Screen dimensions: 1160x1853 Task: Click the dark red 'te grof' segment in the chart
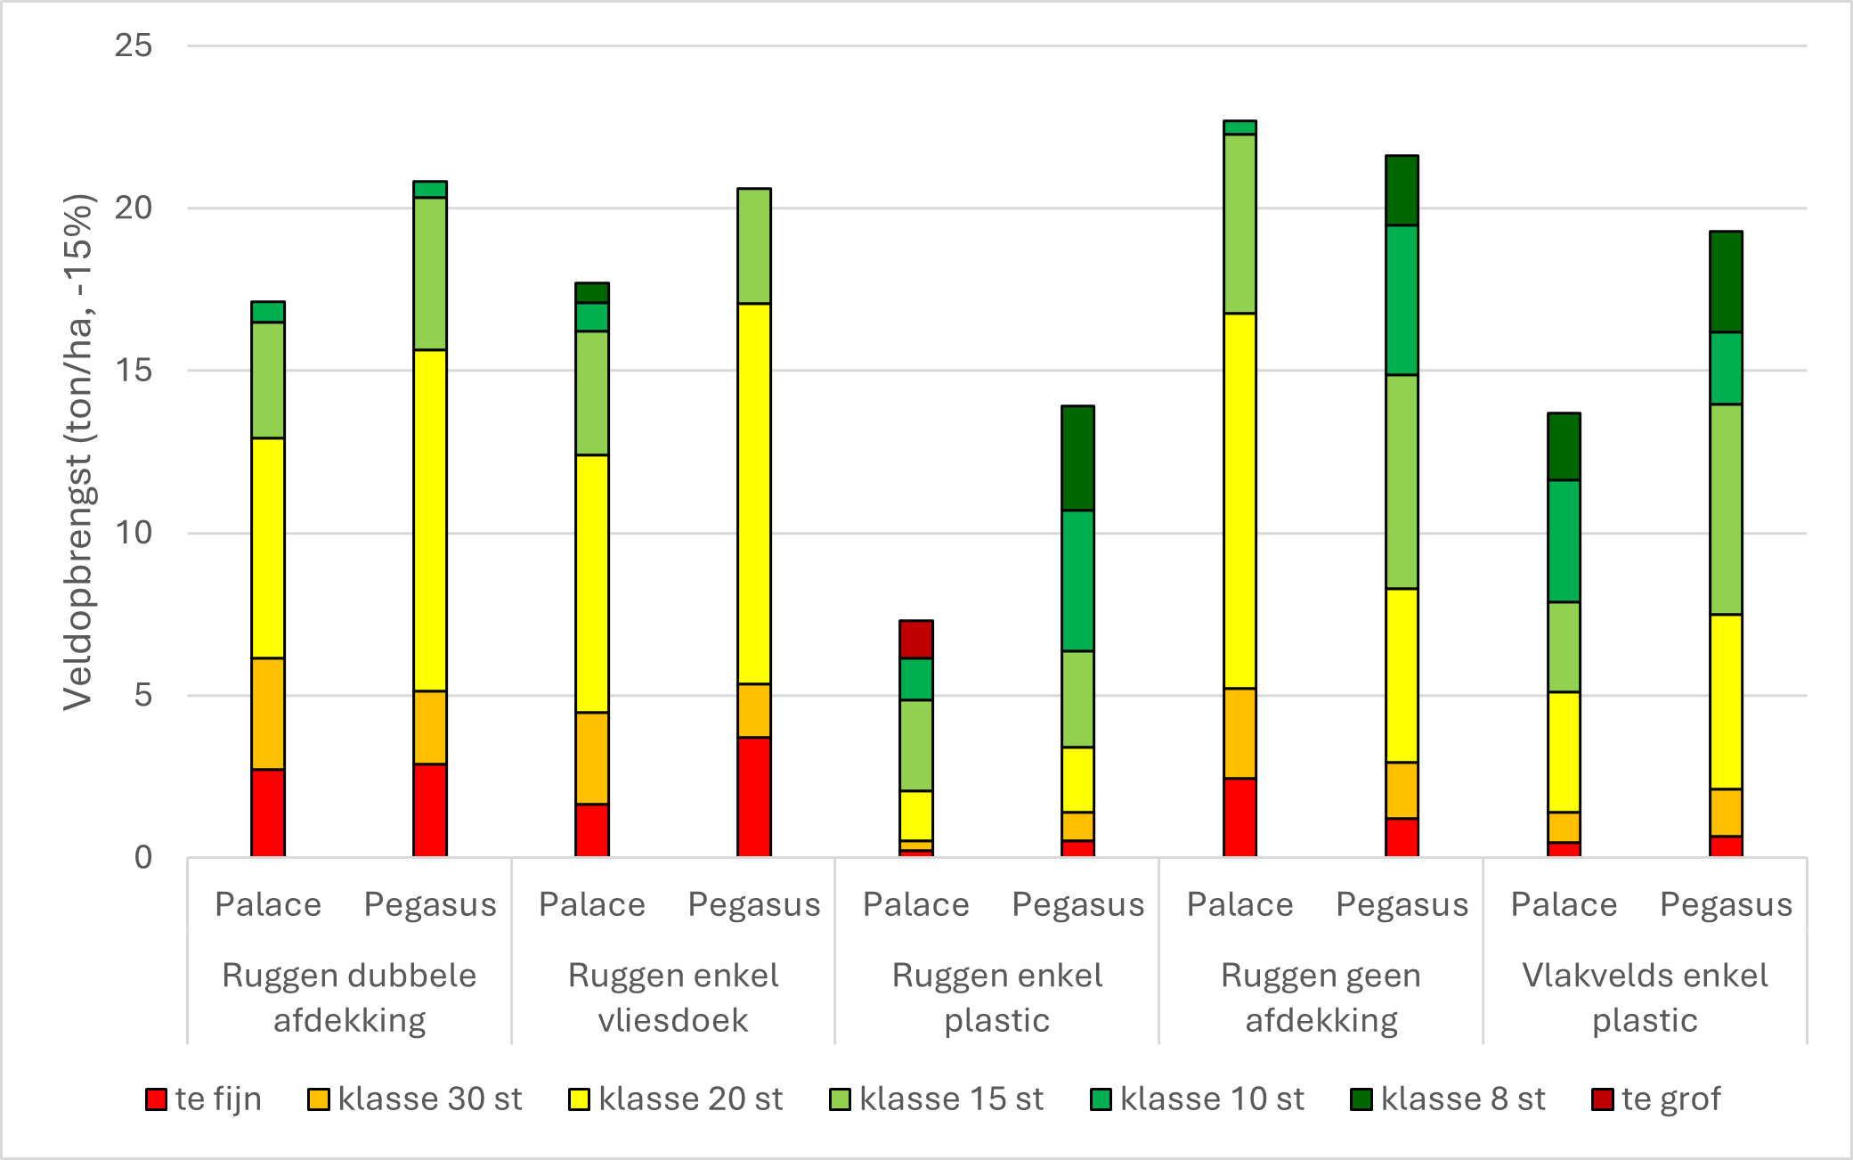click(915, 639)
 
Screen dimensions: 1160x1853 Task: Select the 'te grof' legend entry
click(1656, 1099)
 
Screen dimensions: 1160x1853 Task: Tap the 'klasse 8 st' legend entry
click(1448, 1099)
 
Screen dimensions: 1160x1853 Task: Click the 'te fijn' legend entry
click(204, 1099)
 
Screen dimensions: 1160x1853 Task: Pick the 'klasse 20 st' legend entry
click(676, 1099)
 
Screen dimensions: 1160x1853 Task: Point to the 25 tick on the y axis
click(134, 45)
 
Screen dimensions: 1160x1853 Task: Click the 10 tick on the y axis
click(134, 533)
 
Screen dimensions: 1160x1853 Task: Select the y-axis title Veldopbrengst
click(78, 452)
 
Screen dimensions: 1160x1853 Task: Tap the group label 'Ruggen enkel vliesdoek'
click(673, 997)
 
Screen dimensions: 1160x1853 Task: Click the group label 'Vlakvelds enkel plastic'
click(1645, 997)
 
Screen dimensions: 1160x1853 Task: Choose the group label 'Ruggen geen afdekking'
click(1321, 997)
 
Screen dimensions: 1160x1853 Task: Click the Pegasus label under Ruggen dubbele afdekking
click(430, 904)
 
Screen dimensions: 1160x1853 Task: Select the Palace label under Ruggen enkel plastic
click(915, 904)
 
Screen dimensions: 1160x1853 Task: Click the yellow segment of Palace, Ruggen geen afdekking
click(1239, 500)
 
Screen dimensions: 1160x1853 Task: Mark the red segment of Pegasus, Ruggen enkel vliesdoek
click(754, 796)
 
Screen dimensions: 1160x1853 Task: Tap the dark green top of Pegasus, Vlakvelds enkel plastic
click(1726, 282)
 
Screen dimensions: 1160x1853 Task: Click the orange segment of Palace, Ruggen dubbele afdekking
click(268, 713)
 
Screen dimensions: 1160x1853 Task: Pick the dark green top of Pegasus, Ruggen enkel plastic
click(1077, 458)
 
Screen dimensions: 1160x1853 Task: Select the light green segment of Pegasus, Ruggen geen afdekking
click(1402, 481)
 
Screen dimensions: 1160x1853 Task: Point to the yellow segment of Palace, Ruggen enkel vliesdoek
click(592, 583)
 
